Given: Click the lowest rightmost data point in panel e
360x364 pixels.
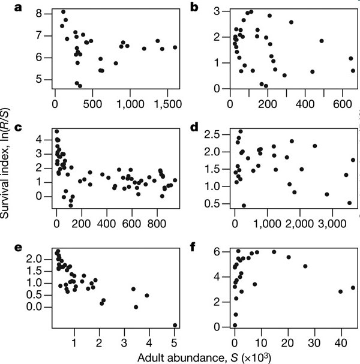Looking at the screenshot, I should pyautogui.click(x=175, y=326).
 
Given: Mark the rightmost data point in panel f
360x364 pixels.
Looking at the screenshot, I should pyautogui.click(x=353, y=288).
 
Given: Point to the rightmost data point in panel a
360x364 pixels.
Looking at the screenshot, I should pyautogui.click(x=175, y=47).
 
